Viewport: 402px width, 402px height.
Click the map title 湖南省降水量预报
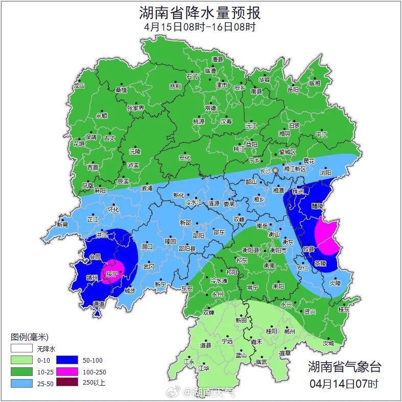[x=200, y=12]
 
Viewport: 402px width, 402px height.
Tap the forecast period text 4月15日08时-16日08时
[x=200, y=27]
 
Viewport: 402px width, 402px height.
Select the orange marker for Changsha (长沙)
[x=276, y=170]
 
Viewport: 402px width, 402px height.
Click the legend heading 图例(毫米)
[x=29, y=337]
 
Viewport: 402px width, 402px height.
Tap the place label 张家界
[x=135, y=108]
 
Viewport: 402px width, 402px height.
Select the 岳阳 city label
[x=293, y=90]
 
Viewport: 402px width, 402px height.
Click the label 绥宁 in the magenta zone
[x=112, y=274]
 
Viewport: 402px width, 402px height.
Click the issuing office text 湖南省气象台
[x=344, y=366]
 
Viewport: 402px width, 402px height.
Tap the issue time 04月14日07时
[x=344, y=383]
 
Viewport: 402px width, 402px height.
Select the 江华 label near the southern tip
[x=204, y=368]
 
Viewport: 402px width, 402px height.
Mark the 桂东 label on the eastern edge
[x=344, y=309]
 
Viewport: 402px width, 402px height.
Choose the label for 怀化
[x=113, y=209]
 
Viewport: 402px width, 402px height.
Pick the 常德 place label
[x=210, y=108]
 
